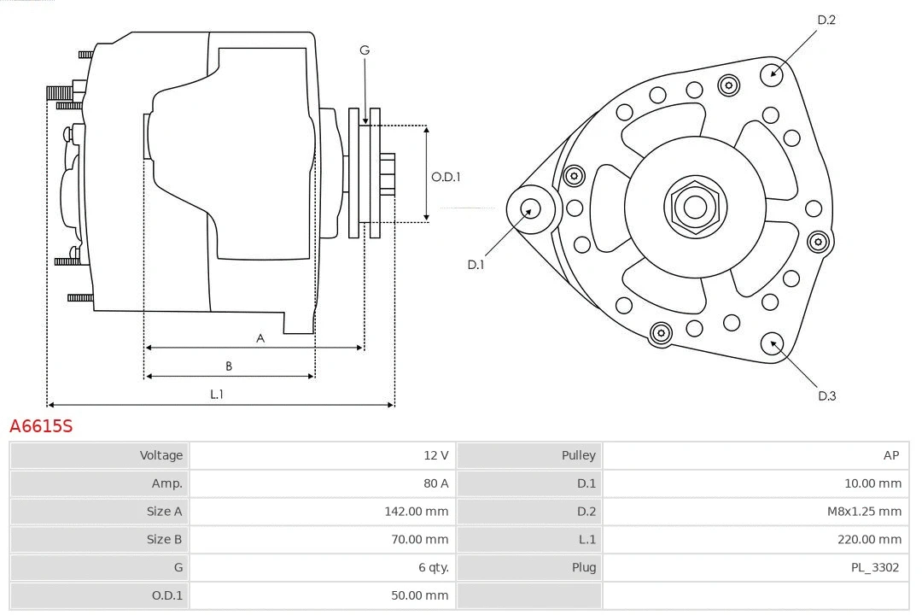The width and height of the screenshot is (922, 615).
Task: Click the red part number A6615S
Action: point(41,425)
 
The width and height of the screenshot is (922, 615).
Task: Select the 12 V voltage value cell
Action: point(436,455)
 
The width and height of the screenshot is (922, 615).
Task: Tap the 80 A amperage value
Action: point(435,483)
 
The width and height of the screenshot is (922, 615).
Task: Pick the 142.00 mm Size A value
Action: point(416,512)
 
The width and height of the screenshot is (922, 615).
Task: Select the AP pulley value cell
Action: point(890,455)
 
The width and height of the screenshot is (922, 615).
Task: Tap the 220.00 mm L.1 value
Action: point(869,539)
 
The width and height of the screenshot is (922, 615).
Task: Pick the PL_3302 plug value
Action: point(874,567)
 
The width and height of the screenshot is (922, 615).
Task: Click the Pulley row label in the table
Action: point(578,455)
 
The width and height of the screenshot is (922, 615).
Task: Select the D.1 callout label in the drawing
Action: point(476,265)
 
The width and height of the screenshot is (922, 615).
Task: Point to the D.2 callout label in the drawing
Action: point(826,20)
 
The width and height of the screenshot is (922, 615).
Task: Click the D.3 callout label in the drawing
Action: point(826,395)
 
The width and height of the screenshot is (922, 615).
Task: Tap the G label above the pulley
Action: point(365,50)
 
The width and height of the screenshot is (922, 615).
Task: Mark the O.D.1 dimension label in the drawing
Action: point(446,177)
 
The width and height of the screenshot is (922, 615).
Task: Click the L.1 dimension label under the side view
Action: point(217,394)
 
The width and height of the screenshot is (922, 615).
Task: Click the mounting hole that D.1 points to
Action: point(529,208)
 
